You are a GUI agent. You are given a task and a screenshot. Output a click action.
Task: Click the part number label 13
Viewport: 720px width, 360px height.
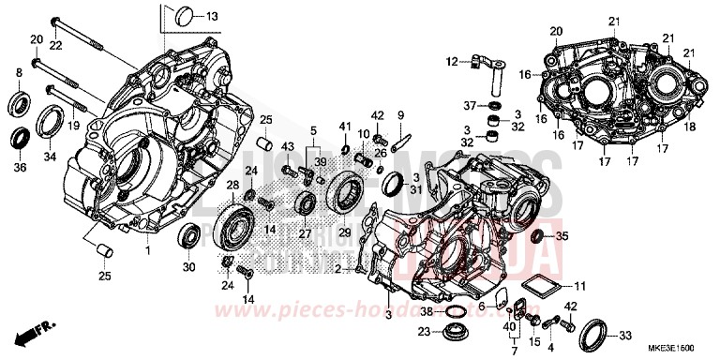212,17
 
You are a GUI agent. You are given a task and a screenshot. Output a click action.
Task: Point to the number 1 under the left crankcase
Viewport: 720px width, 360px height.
147,252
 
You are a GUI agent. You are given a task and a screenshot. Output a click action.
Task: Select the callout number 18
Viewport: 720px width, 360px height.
689,126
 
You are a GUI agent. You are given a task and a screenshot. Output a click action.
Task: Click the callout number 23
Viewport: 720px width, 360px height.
424,331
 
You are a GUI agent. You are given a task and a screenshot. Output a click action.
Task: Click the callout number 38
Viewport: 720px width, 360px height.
426,310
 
